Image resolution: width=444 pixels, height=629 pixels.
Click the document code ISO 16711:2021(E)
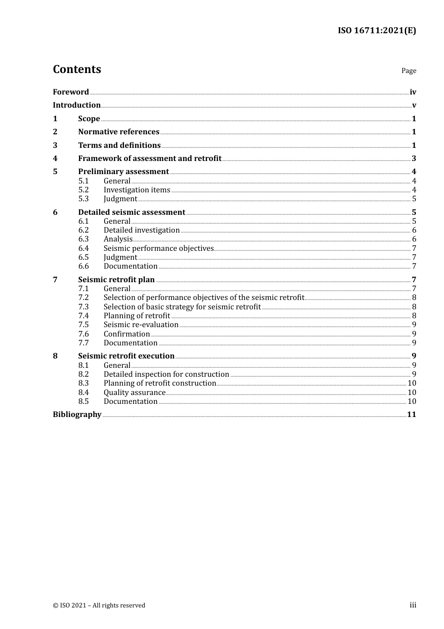[x=377, y=30]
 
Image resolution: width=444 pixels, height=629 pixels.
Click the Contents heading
[x=77, y=69]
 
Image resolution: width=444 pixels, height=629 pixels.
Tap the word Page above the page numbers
[x=408, y=71]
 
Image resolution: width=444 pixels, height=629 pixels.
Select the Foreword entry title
[x=71, y=92]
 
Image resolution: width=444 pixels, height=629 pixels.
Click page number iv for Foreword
[x=413, y=92]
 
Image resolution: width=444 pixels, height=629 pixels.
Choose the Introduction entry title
[x=77, y=105]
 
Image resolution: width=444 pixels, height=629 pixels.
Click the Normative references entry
[x=119, y=132]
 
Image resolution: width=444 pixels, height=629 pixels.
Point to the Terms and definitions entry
[x=119, y=145]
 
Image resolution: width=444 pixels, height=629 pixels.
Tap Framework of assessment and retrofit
[x=150, y=158]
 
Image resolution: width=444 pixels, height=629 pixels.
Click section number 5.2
[x=83, y=190]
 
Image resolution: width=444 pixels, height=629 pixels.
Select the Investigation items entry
[x=137, y=190]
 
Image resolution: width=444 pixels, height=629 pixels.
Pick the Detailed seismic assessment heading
[x=131, y=212]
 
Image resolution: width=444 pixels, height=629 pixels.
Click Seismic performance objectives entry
[x=158, y=248]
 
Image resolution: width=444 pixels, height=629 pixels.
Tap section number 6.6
[x=83, y=266]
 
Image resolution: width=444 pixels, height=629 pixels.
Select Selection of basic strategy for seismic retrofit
[x=182, y=307]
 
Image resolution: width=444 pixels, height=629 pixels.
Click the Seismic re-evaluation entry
[x=141, y=324]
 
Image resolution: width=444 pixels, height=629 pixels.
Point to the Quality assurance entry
[x=135, y=392]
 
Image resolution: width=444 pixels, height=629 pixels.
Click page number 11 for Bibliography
[x=411, y=414]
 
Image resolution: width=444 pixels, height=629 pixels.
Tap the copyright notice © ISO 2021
[x=99, y=605]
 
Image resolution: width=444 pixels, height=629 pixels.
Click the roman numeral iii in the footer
[x=413, y=605]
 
